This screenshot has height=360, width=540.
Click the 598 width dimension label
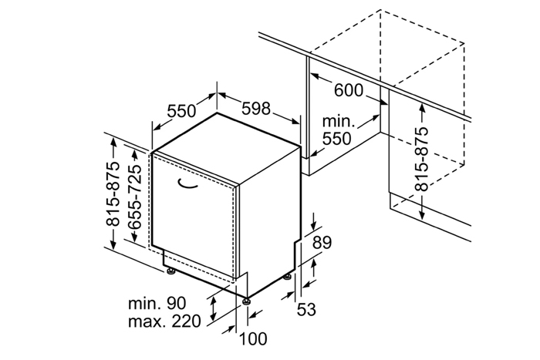256,109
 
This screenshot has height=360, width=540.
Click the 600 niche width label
349,90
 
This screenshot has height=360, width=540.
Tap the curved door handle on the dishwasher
187,184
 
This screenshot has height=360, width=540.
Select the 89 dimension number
322,242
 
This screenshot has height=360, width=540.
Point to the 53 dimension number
306,309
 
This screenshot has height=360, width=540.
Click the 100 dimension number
253,338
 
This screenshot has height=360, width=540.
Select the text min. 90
157,303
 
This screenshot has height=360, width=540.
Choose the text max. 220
164,321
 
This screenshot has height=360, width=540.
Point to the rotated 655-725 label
134,197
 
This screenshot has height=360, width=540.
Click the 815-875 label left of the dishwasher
113,193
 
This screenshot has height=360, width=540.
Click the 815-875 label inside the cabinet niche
421,159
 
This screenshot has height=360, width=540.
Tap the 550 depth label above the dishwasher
181,111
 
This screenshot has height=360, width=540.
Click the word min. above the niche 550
339,121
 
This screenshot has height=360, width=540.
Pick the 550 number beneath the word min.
337,139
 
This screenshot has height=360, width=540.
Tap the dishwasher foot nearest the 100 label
246,301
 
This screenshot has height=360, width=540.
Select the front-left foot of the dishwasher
170,271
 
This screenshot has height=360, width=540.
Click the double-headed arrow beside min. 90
214,308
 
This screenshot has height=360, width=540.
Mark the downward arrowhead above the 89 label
313,225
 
